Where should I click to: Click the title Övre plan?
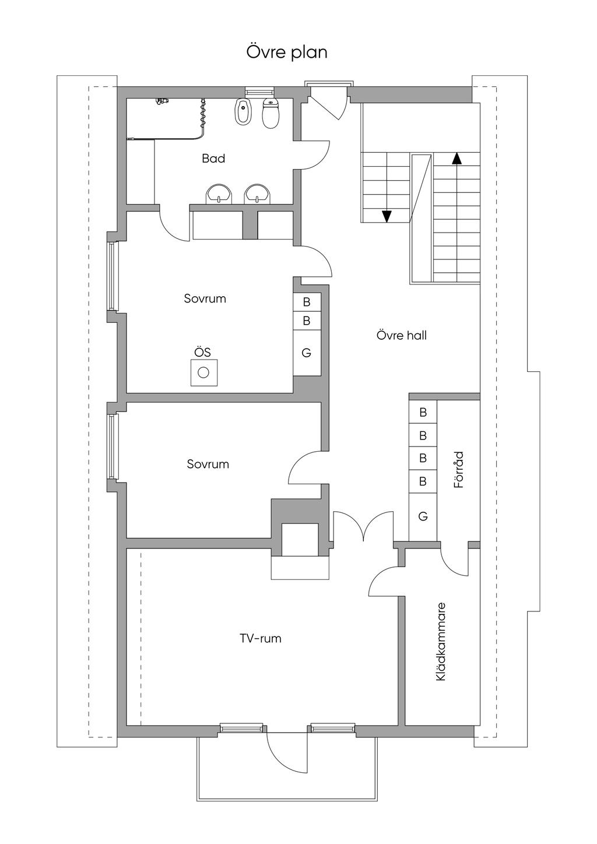click(x=287, y=52)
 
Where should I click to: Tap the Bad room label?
click(x=213, y=159)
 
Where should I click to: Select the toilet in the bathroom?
click(x=271, y=113)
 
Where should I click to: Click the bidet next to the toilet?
click(x=241, y=112)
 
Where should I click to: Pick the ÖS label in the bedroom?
click(x=202, y=352)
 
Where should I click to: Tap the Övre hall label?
click(x=401, y=335)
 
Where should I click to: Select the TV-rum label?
click(x=261, y=638)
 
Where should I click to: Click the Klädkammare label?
click(x=441, y=642)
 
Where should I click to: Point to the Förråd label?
click(x=459, y=470)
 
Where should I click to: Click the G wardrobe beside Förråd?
click(x=423, y=516)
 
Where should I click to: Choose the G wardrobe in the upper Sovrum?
click(x=307, y=353)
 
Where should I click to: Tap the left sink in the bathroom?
click(x=219, y=195)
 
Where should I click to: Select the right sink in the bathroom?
click(x=258, y=195)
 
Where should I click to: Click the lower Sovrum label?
click(x=208, y=464)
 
